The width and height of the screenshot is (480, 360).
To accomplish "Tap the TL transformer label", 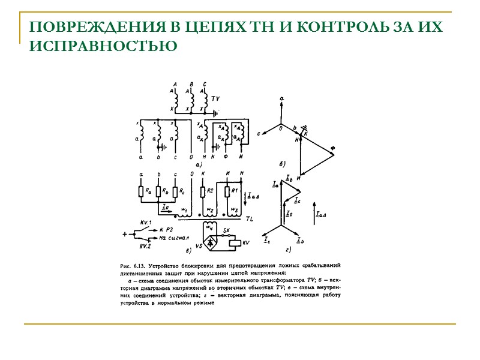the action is click(250, 219).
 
